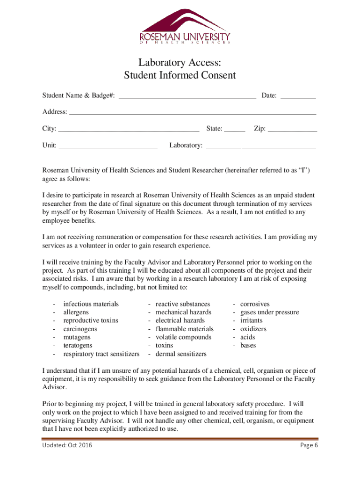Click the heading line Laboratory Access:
(x=180, y=63)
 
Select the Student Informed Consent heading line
(x=180, y=75)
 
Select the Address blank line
(x=192, y=112)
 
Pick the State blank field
(x=235, y=129)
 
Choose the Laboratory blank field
(x=261, y=145)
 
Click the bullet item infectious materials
(x=91, y=304)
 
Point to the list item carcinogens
(x=80, y=329)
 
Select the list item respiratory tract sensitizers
(x=101, y=354)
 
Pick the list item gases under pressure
(x=269, y=312)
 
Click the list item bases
(x=248, y=345)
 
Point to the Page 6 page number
(x=309, y=445)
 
